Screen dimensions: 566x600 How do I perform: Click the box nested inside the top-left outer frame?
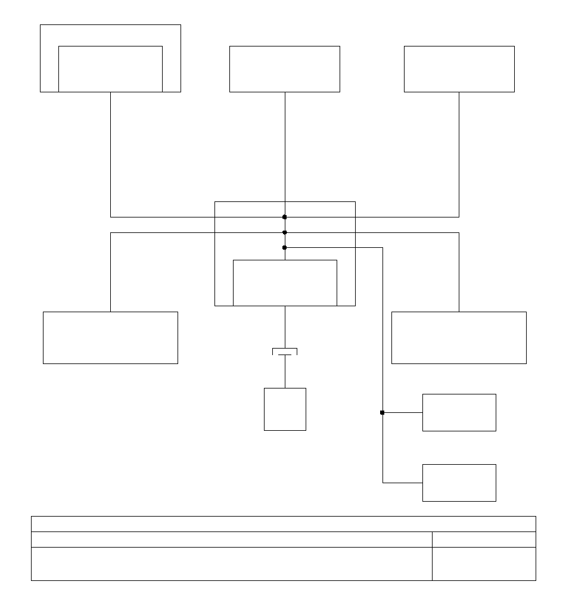click(110, 69)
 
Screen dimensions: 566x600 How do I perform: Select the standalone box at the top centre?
click(284, 69)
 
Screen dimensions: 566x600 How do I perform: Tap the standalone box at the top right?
click(459, 69)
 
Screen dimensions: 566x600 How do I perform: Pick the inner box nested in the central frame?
click(284, 282)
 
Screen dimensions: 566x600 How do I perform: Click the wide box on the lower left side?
click(110, 337)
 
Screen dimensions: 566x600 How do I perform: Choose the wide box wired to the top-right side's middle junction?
click(459, 337)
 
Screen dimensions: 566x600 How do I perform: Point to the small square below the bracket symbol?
click(285, 409)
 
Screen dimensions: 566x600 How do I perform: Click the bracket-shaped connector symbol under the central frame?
click(285, 352)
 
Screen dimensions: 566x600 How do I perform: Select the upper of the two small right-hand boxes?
click(459, 412)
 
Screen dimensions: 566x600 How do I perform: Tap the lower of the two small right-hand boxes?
click(459, 483)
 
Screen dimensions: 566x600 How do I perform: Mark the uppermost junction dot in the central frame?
click(285, 217)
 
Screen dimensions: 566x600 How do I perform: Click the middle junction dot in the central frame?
click(285, 232)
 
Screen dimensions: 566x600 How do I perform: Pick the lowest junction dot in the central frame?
click(285, 247)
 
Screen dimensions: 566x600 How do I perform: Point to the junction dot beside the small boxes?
click(382, 412)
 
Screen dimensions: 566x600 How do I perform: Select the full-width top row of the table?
click(283, 524)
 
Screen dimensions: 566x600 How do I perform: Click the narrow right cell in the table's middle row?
click(483, 539)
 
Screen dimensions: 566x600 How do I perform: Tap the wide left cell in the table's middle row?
click(231, 539)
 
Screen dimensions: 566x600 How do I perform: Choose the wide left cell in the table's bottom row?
click(231, 564)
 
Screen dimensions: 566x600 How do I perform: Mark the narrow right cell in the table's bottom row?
click(483, 564)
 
